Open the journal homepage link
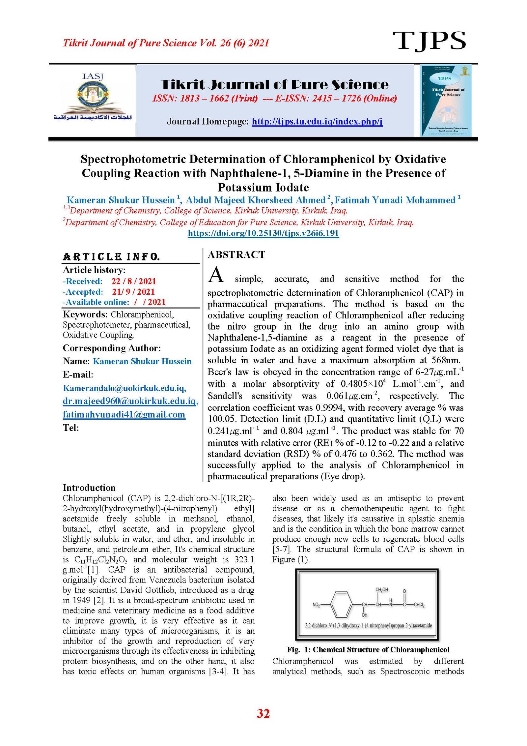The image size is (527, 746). coord(317,121)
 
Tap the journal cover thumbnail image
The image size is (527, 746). coord(446,100)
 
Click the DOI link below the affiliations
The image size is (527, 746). coord(263,233)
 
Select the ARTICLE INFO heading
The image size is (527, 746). coord(111,256)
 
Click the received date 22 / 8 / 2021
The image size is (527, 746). coord(133,281)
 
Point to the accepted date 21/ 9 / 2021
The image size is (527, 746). coord(133,292)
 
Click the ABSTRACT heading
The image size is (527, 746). coord(236,254)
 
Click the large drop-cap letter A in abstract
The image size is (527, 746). coord(216,275)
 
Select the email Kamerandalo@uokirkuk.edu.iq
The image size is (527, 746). coord(125,388)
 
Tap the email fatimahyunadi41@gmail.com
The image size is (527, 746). coord(124,414)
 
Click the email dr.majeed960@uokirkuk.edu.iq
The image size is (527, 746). coord(130,401)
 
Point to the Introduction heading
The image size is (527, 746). coord(89,488)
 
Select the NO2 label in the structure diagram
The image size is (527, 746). coord(316,605)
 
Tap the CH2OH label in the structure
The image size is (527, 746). coord(381,589)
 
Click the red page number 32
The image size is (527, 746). coord(263,713)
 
